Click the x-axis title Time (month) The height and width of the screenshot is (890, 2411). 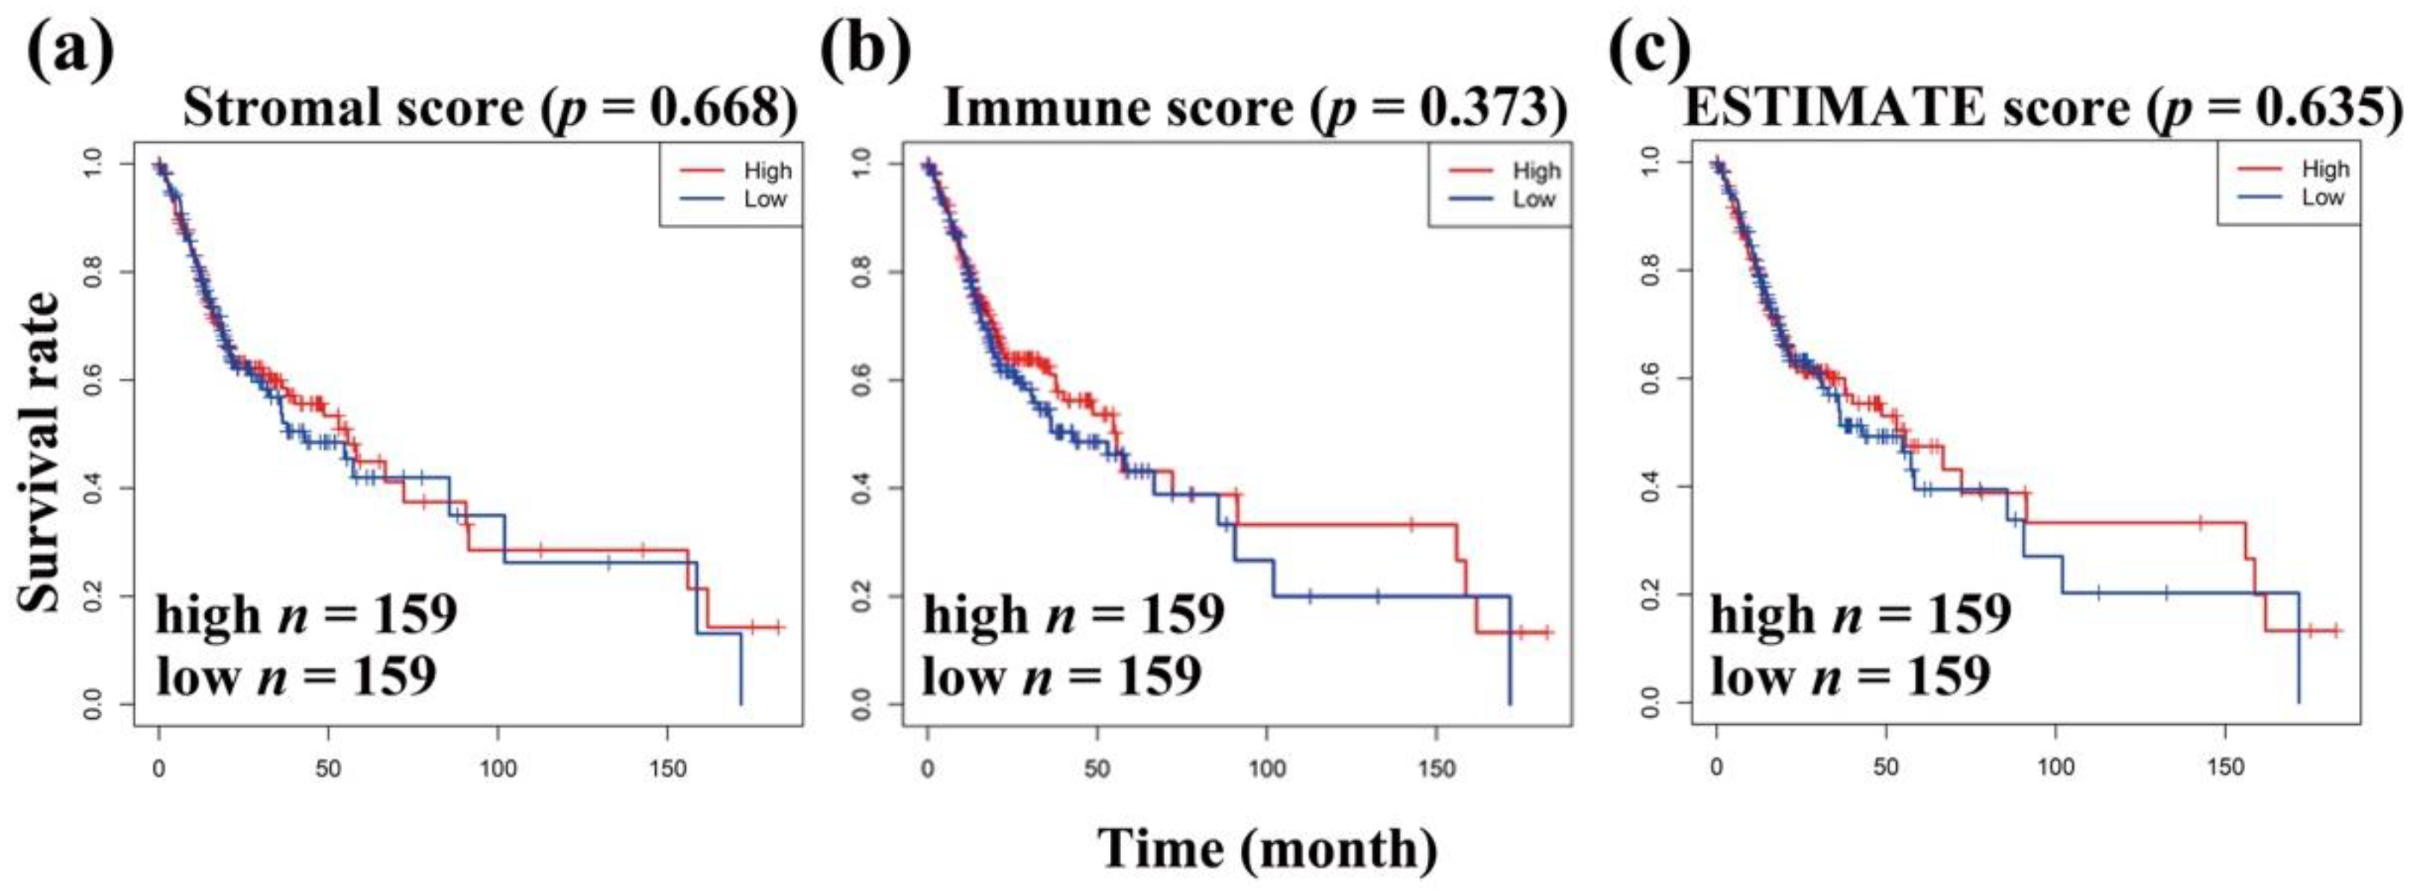[1268, 849]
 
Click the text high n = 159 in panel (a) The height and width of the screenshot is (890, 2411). [305, 615]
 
